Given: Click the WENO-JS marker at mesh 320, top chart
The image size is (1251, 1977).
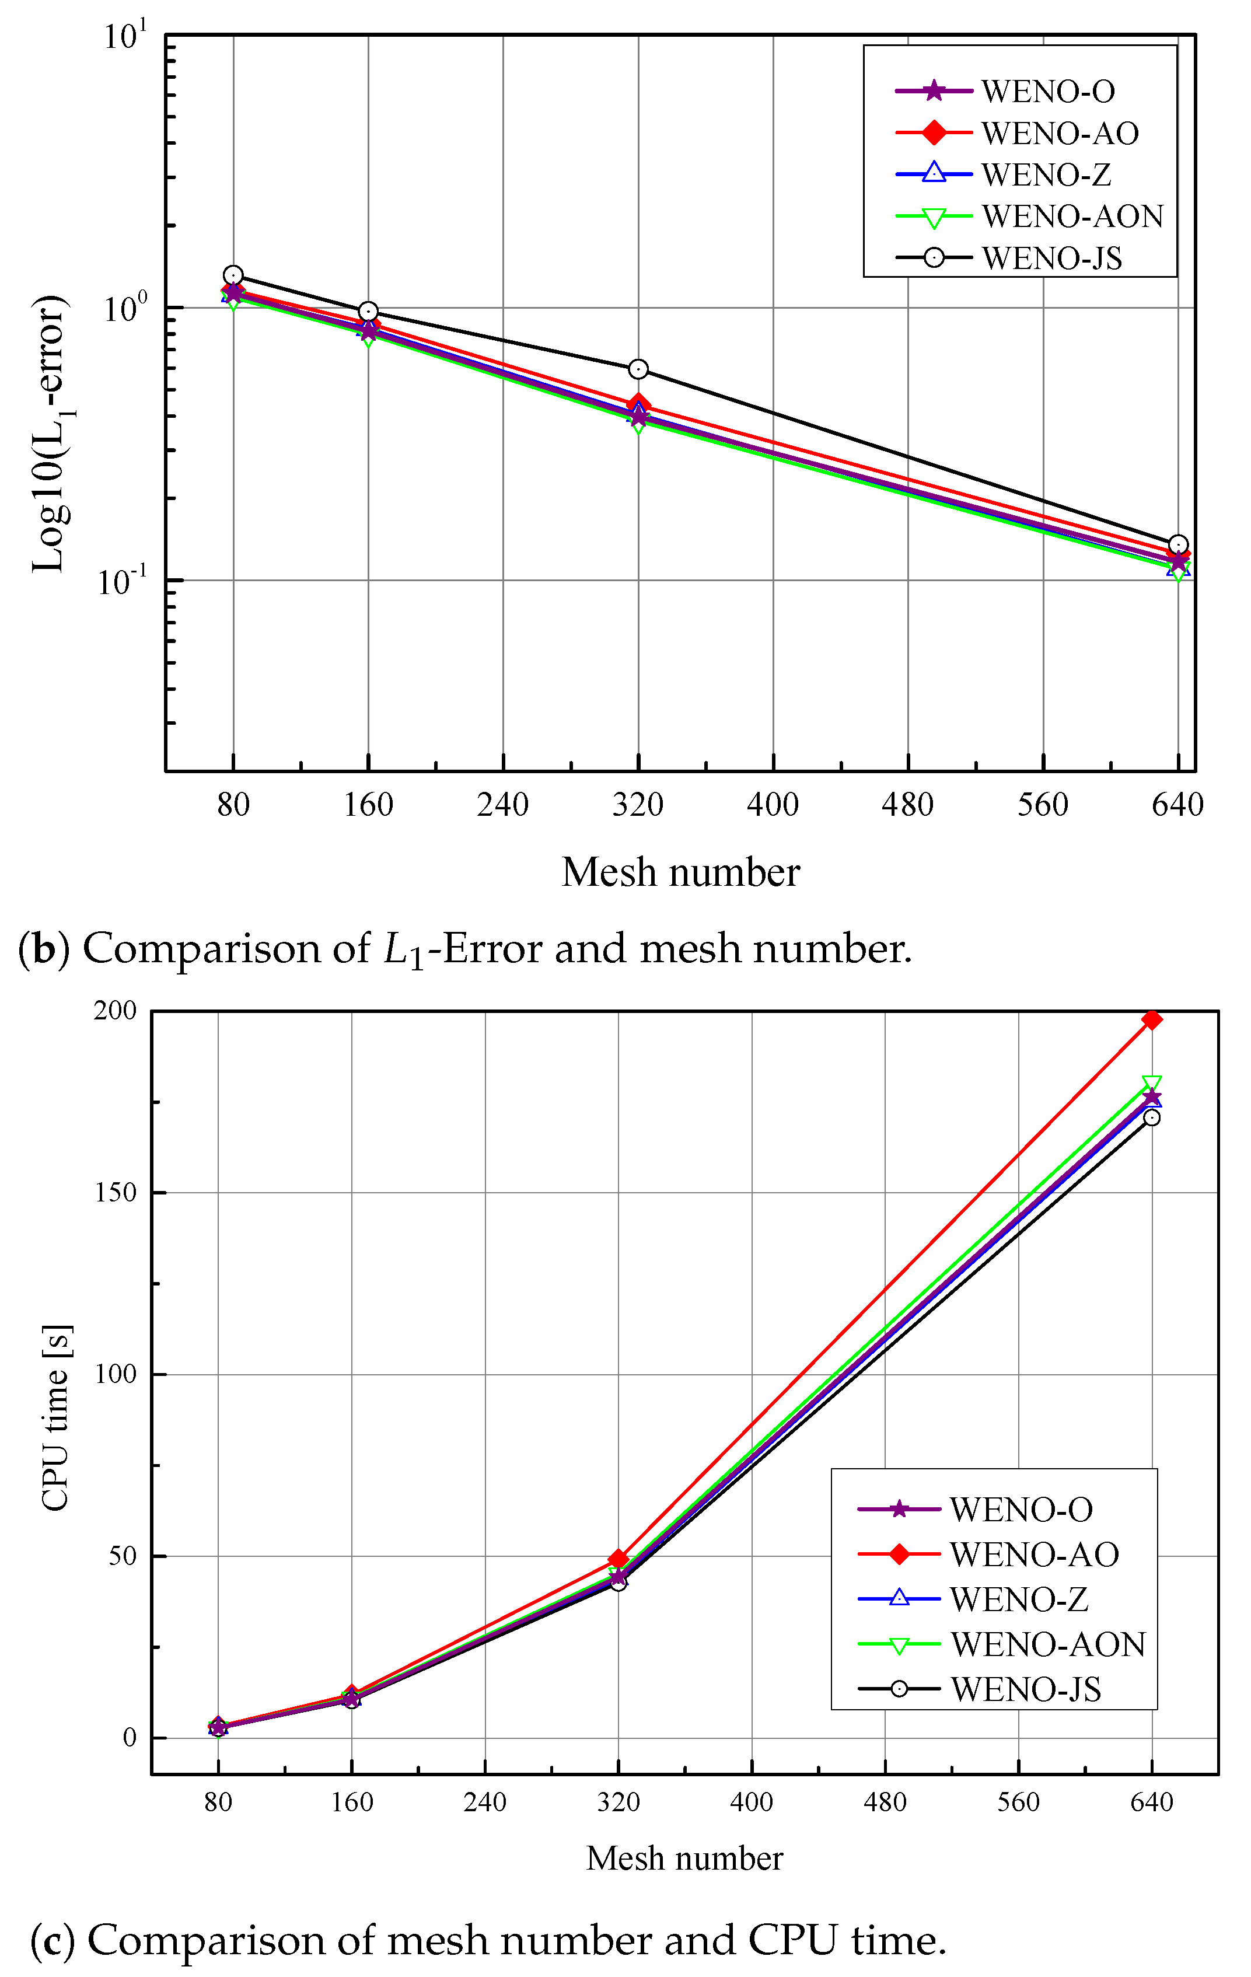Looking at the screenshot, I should [x=638, y=369].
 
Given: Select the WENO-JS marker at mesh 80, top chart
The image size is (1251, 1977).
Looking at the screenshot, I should [x=233, y=276].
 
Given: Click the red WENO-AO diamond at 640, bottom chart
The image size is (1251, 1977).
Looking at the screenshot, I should [x=1152, y=1019].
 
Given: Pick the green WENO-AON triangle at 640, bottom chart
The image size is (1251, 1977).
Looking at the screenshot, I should [x=1152, y=1084].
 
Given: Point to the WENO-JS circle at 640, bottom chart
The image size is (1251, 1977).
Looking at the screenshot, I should [x=1152, y=1117].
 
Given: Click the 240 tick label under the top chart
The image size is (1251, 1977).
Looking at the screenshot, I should [x=502, y=805].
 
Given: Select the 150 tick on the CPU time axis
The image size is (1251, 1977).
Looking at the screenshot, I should [x=115, y=1192].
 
